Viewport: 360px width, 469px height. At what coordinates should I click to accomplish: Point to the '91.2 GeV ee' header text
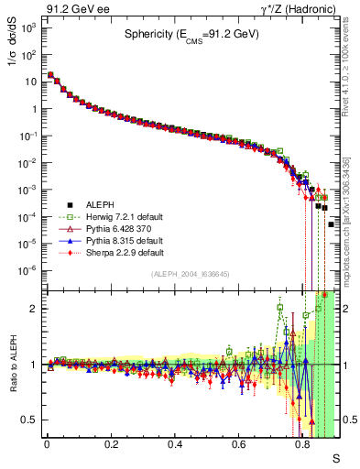coord(72,9)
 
